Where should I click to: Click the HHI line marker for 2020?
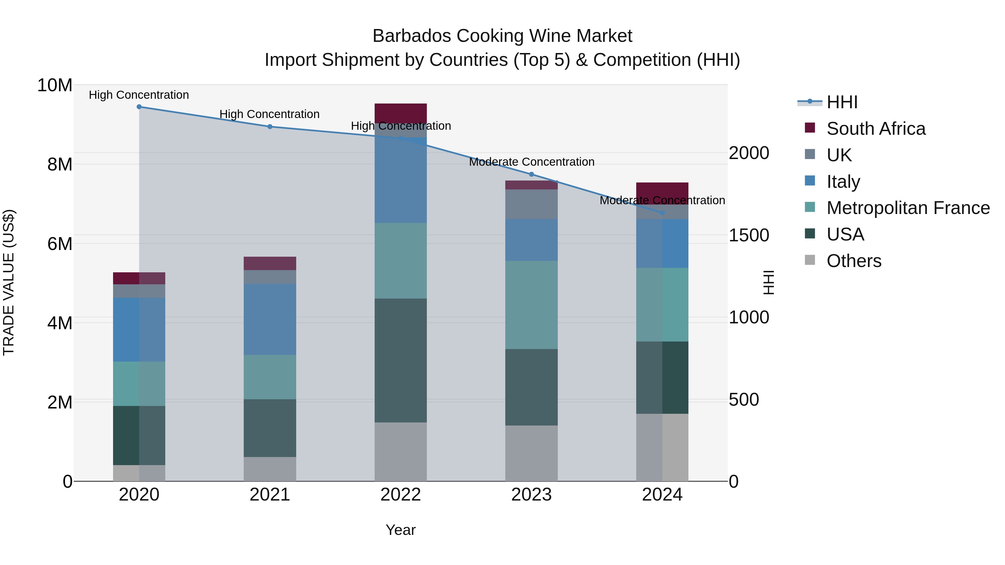tap(139, 107)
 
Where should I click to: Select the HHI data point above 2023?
tap(531, 174)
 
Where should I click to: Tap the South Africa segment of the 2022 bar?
tap(401, 113)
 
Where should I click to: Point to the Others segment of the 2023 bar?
tap(531, 453)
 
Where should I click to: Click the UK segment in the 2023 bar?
tap(531, 204)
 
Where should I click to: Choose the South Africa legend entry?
tap(875, 129)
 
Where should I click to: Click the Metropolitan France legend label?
tap(908, 208)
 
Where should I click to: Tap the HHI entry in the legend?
tap(842, 102)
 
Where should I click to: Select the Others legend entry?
tap(854, 261)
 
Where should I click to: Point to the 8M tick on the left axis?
tap(60, 165)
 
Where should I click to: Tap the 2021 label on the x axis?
tap(270, 495)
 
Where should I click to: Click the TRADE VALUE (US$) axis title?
tap(9, 282)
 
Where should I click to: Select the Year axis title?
tap(401, 530)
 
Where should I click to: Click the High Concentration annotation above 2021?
tap(270, 114)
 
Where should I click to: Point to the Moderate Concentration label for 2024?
tap(662, 200)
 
